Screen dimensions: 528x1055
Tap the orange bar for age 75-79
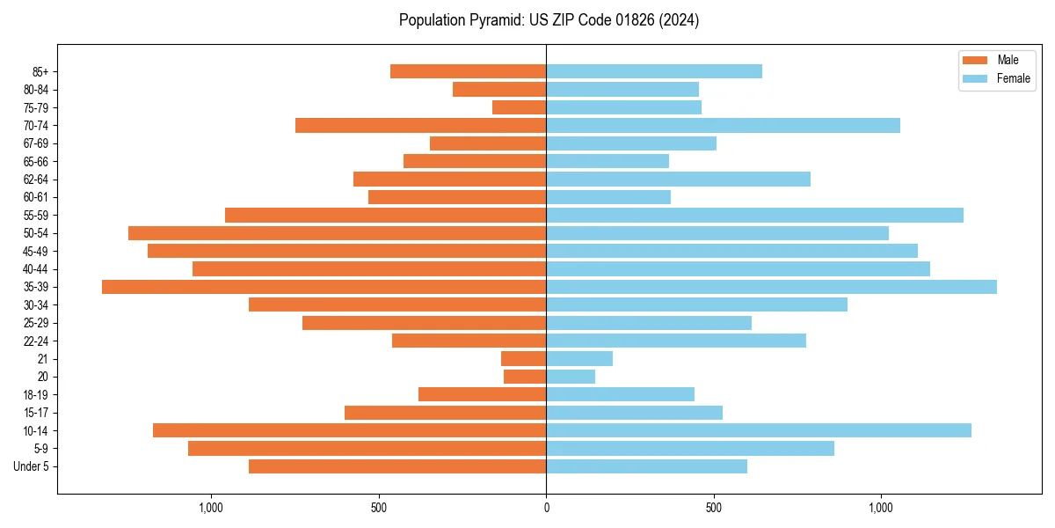519,107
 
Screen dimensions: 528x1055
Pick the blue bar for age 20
571,377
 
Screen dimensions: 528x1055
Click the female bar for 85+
654,71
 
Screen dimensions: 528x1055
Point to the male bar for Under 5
397,466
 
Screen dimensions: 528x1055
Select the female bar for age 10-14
759,430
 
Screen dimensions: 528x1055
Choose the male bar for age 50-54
337,233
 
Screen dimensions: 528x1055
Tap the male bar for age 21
523,358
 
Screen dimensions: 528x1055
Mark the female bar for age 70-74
723,125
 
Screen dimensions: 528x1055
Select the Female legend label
1013,78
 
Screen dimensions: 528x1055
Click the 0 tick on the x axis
546,508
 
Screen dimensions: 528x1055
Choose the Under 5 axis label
31,466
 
